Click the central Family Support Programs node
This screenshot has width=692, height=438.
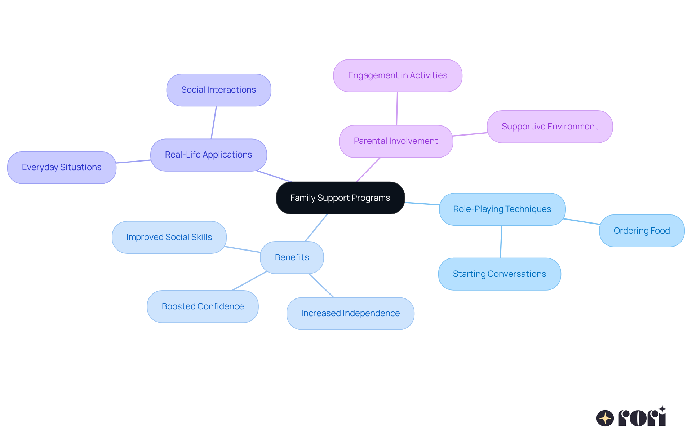click(x=340, y=198)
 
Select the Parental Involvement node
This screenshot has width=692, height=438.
click(x=396, y=141)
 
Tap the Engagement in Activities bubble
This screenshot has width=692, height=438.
click(x=398, y=75)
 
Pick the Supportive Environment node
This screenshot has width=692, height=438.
click(x=550, y=127)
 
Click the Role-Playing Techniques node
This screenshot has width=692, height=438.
click(x=502, y=209)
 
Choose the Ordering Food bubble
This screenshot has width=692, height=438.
click(x=642, y=231)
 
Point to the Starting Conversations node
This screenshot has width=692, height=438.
click(x=499, y=274)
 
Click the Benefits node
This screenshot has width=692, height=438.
click(x=292, y=257)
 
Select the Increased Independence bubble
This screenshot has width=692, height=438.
click(x=350, y=313)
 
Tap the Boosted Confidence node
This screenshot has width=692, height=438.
click(x=203, y=306)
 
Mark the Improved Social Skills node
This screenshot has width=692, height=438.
click(x=169, y=237)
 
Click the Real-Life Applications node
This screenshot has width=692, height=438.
click(x=208, y=155)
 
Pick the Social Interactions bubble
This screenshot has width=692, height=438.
click(x=218, y=90)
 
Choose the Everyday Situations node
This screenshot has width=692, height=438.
click(x=62, y=167)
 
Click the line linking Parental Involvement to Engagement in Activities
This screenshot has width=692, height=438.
click(x=397, y=109)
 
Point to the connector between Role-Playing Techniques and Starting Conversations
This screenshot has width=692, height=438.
click(x=501, y=242)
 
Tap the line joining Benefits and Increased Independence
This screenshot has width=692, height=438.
click(x=321, y=286)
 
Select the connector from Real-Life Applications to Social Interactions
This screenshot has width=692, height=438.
click(x=214, y=123)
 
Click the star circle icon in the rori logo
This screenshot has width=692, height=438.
click(x=605, y=418)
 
